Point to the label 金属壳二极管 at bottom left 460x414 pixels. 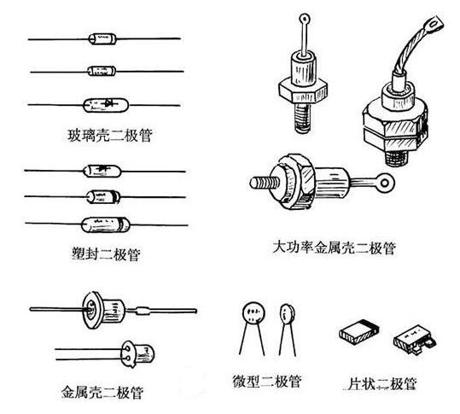click(100, 392)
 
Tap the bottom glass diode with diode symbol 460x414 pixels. click(104, 106)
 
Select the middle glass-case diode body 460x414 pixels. click(101, 70)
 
